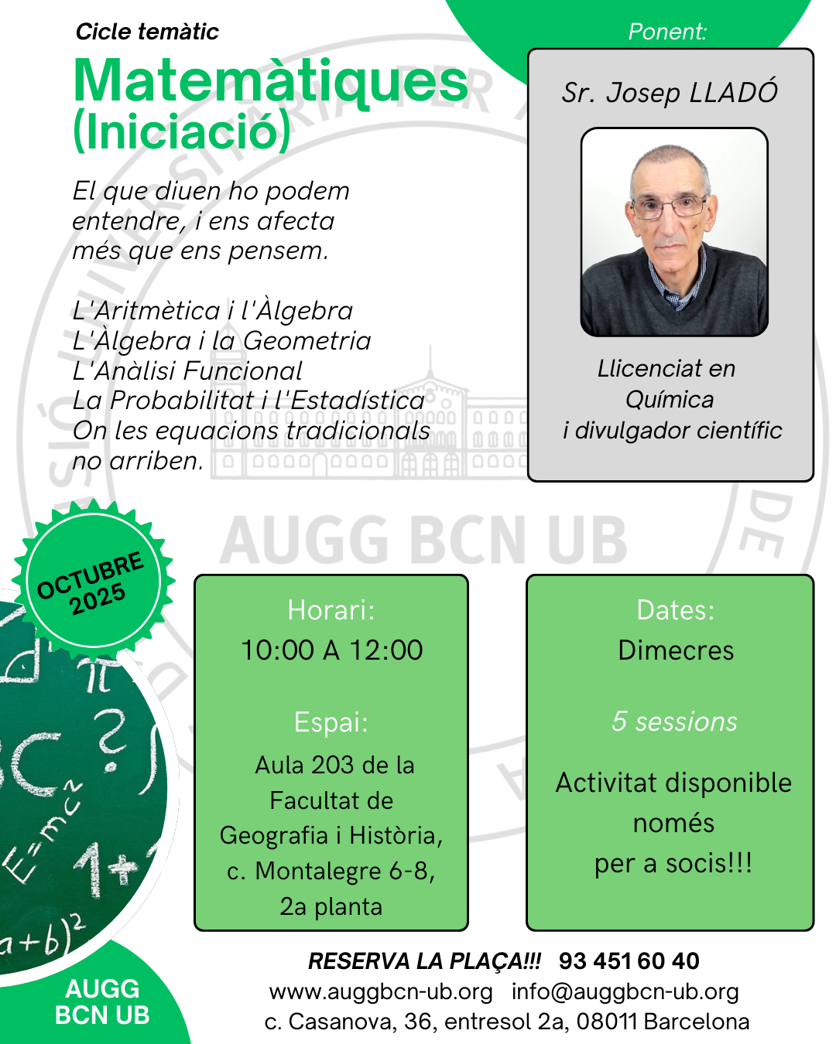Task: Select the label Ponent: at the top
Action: [667, 32]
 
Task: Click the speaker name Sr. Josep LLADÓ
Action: [670, 92]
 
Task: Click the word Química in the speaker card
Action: [670, 401]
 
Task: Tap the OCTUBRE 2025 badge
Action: [93, 582]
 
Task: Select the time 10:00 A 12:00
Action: [332, 650]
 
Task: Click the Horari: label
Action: [331, 610]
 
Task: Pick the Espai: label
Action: [331, 722]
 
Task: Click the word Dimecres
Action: [676, 650]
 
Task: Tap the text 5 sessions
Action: [674, 721]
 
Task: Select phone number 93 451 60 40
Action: [629, 961]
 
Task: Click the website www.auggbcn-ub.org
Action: [381, 991]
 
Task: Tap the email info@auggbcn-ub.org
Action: [625, 991]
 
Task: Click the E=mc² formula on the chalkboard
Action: [41, 828]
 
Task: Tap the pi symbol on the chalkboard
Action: [101, 674]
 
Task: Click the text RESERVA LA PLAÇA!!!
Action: [424, 961]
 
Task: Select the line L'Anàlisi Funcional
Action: [187, 371]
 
